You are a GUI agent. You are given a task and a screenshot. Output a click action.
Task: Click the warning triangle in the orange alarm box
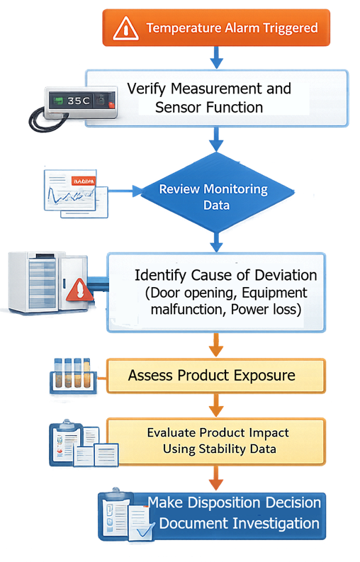click(125, 28)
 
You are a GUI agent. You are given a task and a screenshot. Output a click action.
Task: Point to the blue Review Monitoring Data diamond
click(213, 198)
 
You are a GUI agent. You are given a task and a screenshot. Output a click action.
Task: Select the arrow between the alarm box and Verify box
click(217, 56)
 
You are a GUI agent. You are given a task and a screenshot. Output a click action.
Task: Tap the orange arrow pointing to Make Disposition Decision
click(216, 478)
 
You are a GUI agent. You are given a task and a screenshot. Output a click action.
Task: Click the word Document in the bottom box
click(191, 524)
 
